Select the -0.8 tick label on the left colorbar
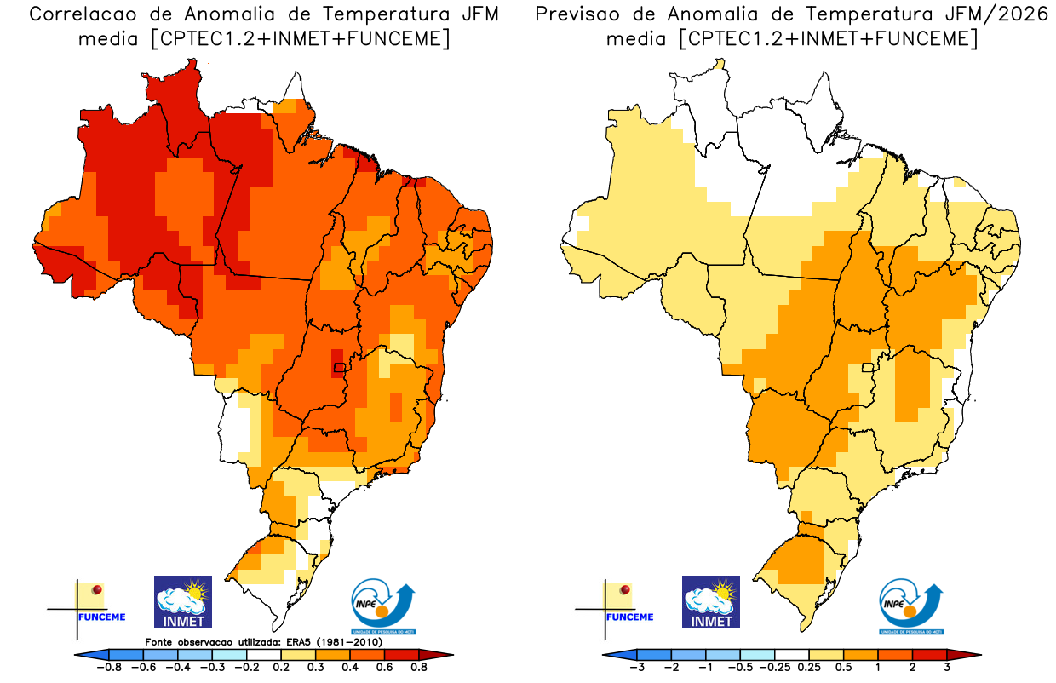point(108,668)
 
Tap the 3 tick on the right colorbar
point(947,668)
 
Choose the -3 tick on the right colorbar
point(636,668)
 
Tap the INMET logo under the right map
point(711,602)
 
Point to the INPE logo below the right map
point(911,607)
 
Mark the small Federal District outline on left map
point(340,368)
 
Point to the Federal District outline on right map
point(868,368)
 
